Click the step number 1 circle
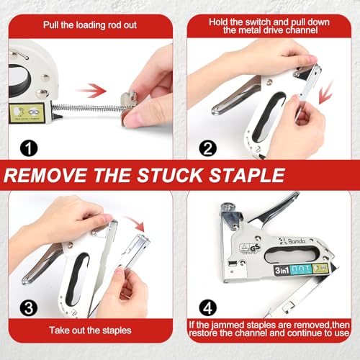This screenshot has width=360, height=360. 29,149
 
